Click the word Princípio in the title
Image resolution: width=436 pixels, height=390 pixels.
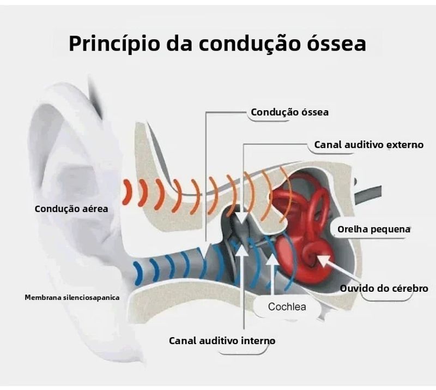pos(114,44)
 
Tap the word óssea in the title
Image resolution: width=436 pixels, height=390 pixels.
pos(336,44)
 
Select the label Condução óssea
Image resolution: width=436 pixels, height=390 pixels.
pos(289,112)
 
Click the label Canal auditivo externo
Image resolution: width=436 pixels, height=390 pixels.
pos(369,145)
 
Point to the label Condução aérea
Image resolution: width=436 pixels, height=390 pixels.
pos(71,209)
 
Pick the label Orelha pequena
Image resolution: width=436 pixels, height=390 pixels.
pos(374,230)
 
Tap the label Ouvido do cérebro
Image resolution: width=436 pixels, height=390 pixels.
pos(384,288)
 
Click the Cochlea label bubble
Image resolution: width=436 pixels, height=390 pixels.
pos(287,307)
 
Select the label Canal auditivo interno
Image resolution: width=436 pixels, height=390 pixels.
pos(222,341)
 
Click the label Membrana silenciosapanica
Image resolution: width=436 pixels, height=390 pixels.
pos(72,298)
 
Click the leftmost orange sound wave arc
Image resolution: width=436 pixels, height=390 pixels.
pos(126,192)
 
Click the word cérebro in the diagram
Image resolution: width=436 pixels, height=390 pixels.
pos(409,288)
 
